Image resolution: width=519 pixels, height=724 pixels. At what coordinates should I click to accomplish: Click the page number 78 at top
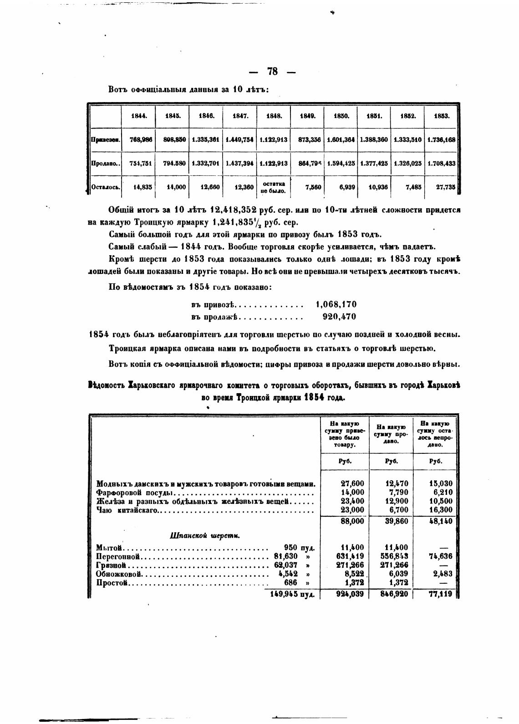pos(273,72)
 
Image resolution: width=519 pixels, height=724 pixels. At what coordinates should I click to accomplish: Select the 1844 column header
pos(138,116)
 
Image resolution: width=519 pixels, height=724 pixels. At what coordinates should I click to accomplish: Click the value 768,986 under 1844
pos(141,140)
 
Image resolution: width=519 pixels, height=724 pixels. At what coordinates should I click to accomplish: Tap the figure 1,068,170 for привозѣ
pos(336,304)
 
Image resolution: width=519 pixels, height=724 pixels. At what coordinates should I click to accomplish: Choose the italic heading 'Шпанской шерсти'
pos(205,536)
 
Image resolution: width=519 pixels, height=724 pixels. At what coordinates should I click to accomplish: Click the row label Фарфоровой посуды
pos(135,493)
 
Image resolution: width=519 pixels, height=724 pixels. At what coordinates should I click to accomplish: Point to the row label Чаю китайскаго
pos(127,510)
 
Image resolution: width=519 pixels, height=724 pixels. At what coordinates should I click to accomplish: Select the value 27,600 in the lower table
pos(352,484)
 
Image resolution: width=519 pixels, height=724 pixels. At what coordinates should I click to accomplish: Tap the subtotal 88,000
pos(352,521)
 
